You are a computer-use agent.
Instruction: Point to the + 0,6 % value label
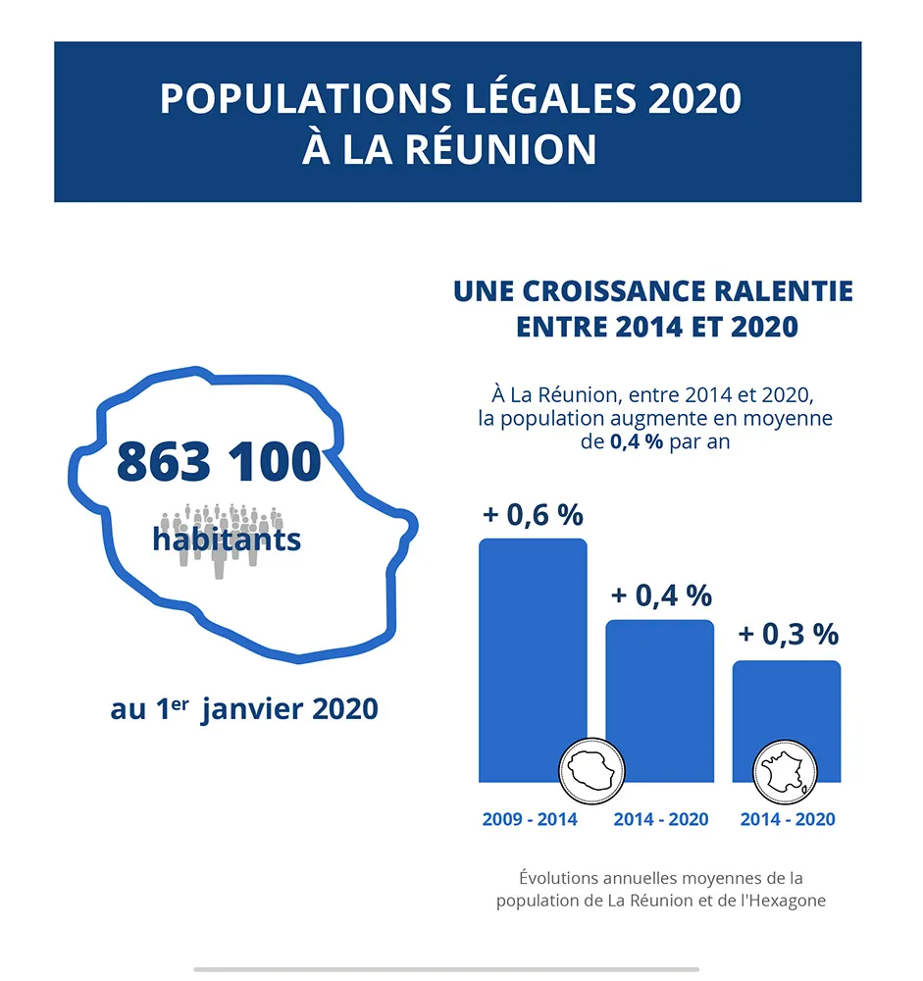pyautogui.click(x=533, y=515)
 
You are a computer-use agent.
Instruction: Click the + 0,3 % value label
pyautogui.click(x=788, y=635)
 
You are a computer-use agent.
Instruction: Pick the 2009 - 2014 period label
pyautogui.click(x=530, y=819)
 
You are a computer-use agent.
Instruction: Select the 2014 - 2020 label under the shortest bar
pyautogui.click(x=788, y=819)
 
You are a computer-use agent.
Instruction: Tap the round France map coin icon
pyautogui.click(x=785, y=773)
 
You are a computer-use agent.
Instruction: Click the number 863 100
pyautogui.click(x=219, y=462)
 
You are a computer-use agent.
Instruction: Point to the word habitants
pyautogui.click(x=227, y=540)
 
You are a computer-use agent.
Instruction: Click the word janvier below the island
pyautogui.click(x=252, y=709)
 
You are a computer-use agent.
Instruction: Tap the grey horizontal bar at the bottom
pyautogui.click(x=446, y=969)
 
